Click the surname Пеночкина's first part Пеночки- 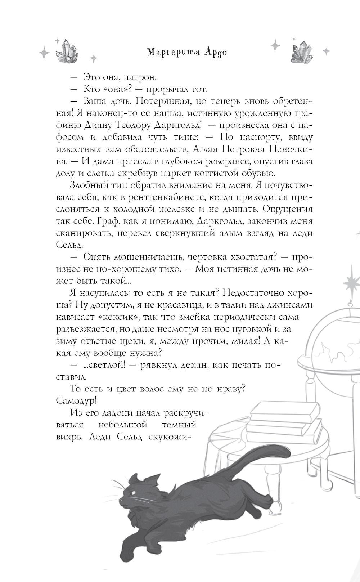(286, 149)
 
